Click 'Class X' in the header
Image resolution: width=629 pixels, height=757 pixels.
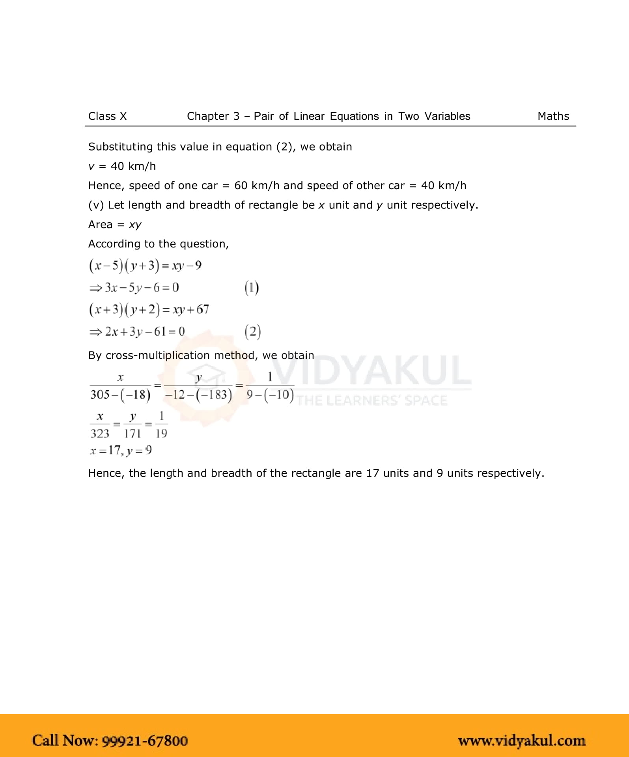(x=107, y=116)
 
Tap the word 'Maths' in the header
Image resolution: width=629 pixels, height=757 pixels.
(x=553, y=116)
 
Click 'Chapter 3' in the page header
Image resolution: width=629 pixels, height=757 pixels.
(x=213, y=116)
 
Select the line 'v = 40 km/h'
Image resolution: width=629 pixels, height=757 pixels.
(x=122, y=166)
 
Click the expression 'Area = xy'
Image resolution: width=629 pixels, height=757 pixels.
(x=115, y=225)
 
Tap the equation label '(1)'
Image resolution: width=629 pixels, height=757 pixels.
(x=252, y=288)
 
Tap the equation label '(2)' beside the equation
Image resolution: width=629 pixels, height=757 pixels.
(x=252, y=331)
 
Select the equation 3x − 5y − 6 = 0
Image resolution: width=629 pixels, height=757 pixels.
(x=134, y=288)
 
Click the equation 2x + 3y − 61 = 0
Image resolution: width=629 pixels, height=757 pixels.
(x=137, y=331)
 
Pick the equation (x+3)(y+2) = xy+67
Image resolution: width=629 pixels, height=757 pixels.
(x=149, y=310)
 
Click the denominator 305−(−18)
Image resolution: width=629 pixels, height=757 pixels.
(x=120, y=394)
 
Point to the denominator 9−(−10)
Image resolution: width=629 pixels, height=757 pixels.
(x=270, y=394)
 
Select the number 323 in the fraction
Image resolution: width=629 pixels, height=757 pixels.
(x=100, y=433)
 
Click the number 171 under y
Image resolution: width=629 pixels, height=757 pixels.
(x=133, y=433)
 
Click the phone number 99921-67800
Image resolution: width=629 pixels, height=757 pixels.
(x=145, y=740)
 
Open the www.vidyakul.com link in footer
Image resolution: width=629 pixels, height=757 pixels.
(x=521, y=740)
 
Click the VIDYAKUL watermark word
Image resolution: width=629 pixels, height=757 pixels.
(x=371, y=370)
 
